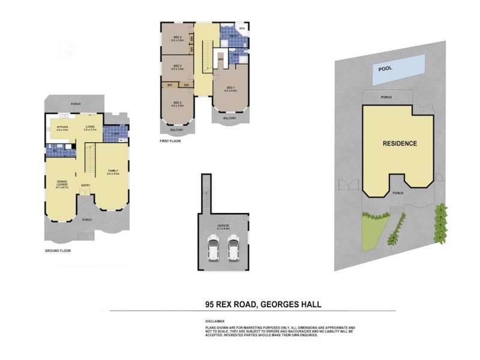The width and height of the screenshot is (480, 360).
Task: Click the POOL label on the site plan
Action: click(x=385, y=68)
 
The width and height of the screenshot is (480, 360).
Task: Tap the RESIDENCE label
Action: click(x=400, y=143)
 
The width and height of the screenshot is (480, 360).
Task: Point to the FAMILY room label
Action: click(x=113, y=172)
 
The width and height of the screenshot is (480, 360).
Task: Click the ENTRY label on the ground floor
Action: click(x=86, y=185)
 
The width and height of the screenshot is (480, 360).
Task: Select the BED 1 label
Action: click(x=231, y=89)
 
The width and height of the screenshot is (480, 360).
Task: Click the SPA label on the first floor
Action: click(x=242, y=28)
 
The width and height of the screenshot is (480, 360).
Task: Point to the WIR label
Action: click(x=220, y=59)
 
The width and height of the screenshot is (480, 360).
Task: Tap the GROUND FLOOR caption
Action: click(x=58, y=250)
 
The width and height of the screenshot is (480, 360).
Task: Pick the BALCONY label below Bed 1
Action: click(x=230, y=118)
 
